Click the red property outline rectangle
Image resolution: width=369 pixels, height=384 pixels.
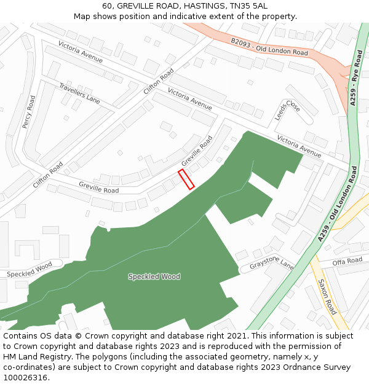[x=186, y=179]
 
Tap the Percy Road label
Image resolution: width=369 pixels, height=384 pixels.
[x=29, y=112]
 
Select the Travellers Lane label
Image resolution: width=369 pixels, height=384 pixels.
[x=79, y=92]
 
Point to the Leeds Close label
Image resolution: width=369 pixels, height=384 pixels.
[x=288, y=110]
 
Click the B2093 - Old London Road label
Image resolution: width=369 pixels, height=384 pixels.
[x=269, y=47]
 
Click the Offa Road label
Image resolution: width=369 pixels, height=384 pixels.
[x=347, y=261]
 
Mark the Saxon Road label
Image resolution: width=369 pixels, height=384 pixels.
[x=327, y=297]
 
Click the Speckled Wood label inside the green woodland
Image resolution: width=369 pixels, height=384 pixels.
[x=154, y=276]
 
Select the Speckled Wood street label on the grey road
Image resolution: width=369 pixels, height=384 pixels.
[x=30, y=269]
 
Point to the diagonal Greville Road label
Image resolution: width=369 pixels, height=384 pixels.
[x=197, y=151]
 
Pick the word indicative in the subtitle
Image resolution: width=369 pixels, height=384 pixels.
[x=195, y=16]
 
